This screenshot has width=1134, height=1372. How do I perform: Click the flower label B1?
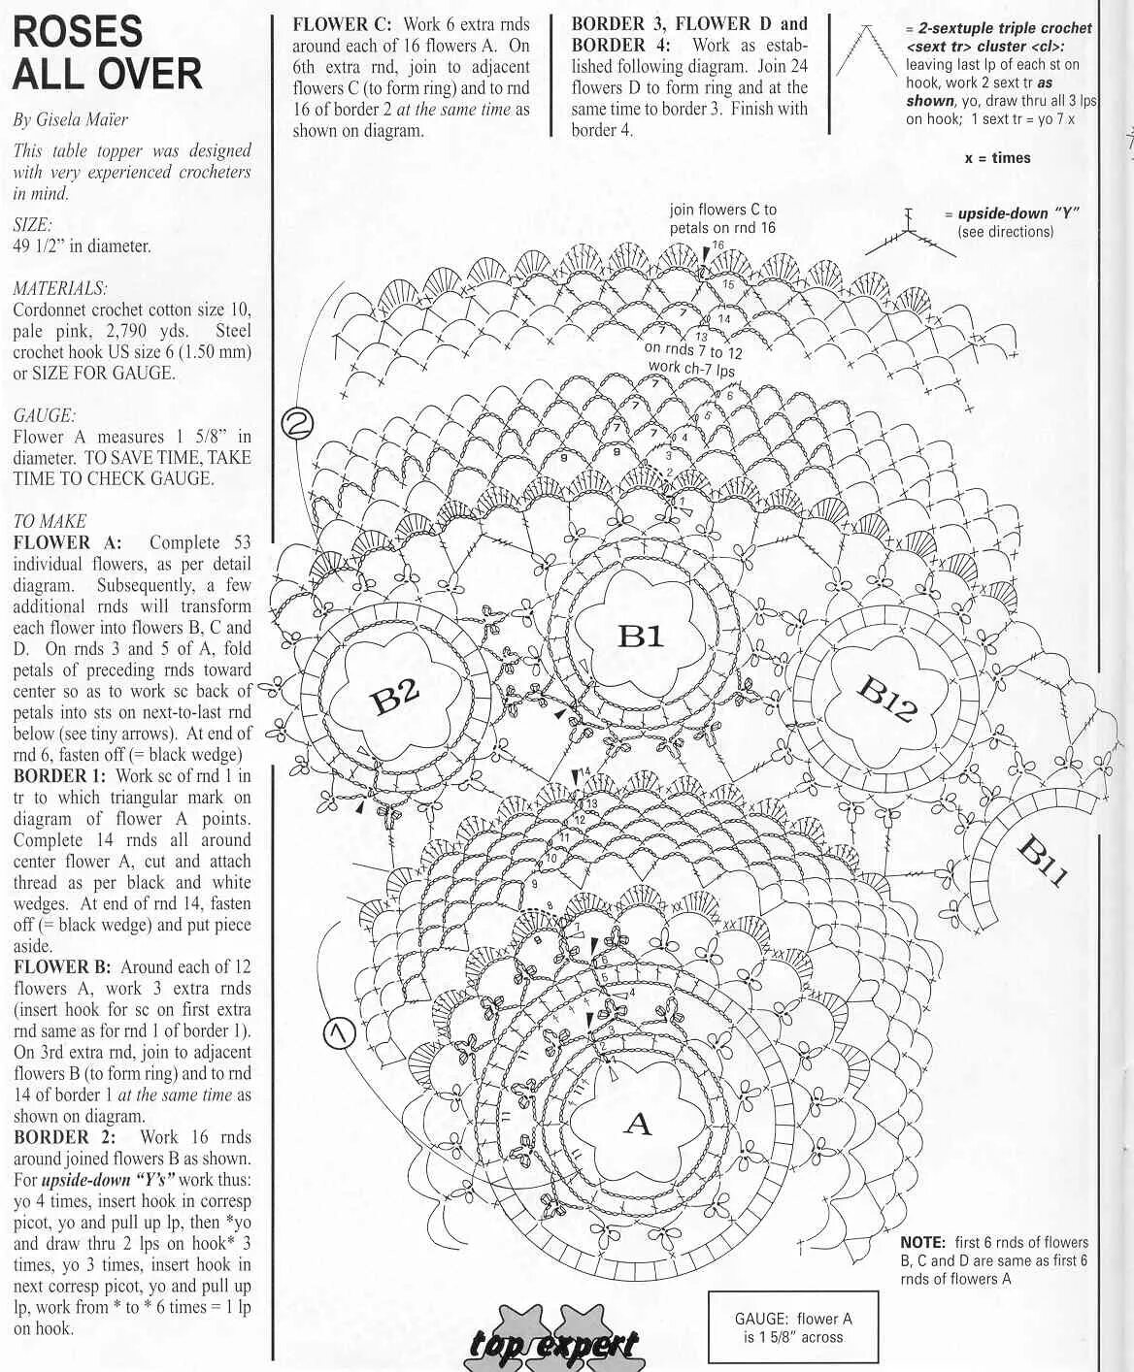point(640,636)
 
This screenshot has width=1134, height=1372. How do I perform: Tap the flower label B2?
point(396,695)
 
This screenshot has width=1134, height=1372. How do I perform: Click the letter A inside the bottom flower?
point(637,1125)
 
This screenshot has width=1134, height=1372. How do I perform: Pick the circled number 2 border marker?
point(298,423)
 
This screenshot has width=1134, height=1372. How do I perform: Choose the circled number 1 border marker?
point(338,1034)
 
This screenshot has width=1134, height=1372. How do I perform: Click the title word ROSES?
point(78,32)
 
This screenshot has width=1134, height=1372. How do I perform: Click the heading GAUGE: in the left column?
point(45,415)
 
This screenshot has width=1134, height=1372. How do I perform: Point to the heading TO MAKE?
point(50,521)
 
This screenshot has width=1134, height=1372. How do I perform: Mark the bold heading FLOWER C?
point(343,24)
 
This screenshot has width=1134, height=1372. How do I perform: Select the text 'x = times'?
point(997,158)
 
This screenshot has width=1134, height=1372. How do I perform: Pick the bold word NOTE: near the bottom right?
point(922,1242)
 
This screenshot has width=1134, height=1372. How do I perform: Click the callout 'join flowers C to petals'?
point(722,218)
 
